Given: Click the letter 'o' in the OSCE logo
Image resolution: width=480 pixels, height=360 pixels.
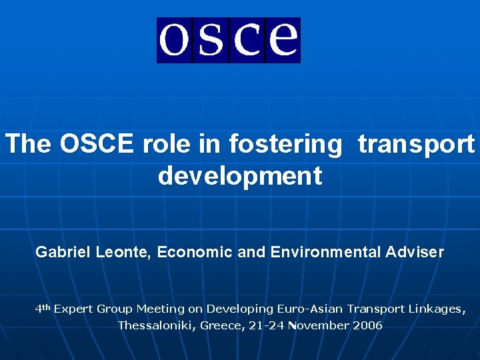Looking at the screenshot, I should pyautogui.click(x=175, y=40).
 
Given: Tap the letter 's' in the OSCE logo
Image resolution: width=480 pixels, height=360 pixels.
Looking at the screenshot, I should pyautogui.click(x=211, y=40).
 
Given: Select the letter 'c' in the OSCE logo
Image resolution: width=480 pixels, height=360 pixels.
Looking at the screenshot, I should pyautogui.click(x=247, y=40).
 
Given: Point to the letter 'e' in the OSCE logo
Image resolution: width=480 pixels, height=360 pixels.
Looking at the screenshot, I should pyautogui.click(x=283, y=40).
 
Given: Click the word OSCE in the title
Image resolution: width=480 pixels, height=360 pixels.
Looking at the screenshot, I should pyautogui.click(x=96, y=143).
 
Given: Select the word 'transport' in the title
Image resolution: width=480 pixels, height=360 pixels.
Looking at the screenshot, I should pyautogui.click(x=416, y=143).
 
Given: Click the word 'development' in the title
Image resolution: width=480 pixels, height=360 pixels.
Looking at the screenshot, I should pyautogui.click(x=240, y=176).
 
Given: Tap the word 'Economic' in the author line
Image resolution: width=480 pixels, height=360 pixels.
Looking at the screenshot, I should pyautogui.click(x=187, y=252).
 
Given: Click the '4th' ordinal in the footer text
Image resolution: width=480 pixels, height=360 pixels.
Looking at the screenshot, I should pyautogui.click(x=43, y=308).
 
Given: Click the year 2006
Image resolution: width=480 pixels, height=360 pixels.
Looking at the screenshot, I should pyautogui.click(x=367, y=325).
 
